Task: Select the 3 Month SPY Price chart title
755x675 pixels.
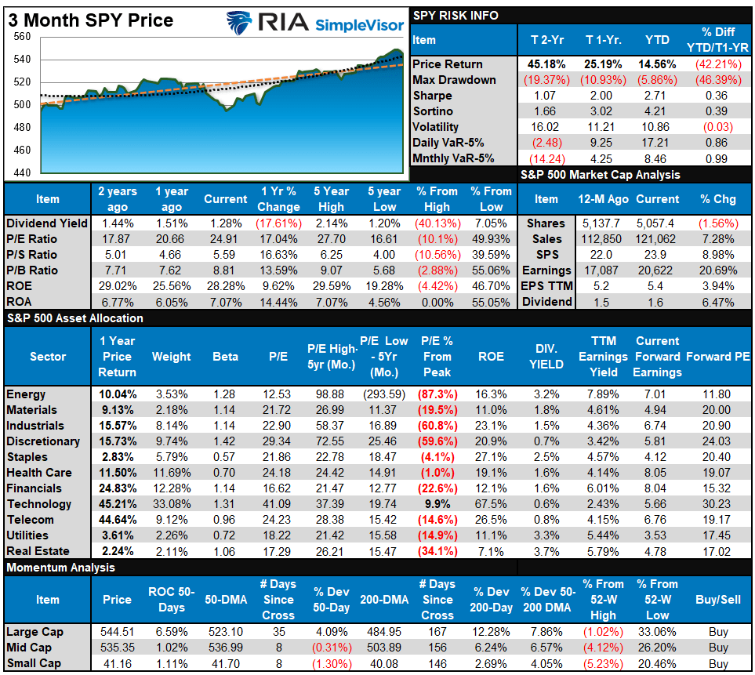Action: (x=91, y=20)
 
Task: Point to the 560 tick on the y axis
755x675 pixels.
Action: (x=22, y=37)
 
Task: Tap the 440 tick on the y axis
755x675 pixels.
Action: (x=22, y=172)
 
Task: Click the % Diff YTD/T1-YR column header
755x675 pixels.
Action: (x=717, y=40)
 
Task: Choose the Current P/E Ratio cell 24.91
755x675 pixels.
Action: (x=226, y=239)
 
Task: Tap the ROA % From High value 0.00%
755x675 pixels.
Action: (x=437, y=302)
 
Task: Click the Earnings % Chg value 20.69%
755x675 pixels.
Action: (x=718, y=270)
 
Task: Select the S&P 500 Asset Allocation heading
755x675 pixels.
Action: (x=75, y=318)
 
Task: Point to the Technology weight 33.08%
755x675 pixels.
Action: (x=171, y=504)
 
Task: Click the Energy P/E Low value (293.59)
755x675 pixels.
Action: (x=384, y=394)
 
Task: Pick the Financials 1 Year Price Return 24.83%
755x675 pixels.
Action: (x=117, y=488)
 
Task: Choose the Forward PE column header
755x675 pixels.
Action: (x=717, y=357)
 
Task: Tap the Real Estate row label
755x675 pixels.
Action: (x=38, y=551)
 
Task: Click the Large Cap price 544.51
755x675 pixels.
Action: (x=117, y=632)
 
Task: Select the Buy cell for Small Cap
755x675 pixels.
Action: (x=717, y=663)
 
